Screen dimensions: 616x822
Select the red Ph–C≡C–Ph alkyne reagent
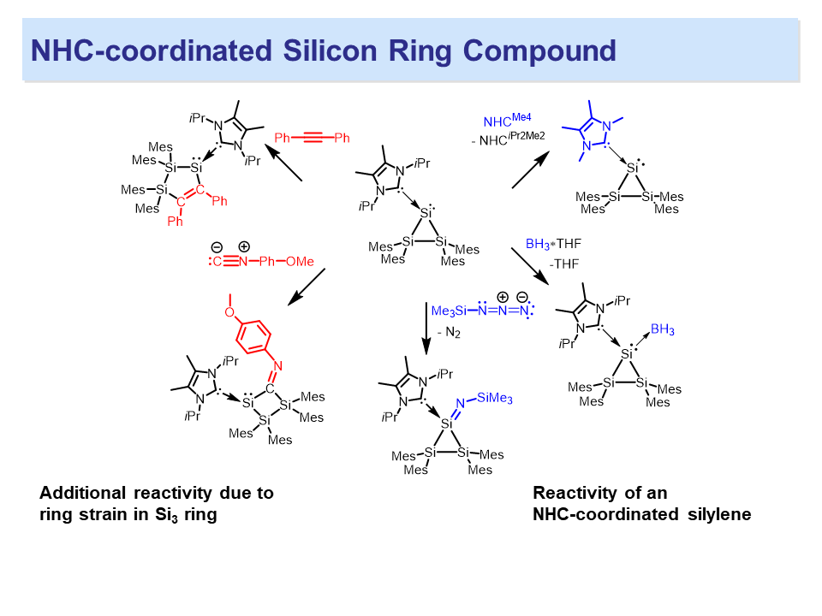point(312,138)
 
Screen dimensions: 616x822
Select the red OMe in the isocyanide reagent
point(299,261)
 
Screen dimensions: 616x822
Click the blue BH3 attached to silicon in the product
point(662,329)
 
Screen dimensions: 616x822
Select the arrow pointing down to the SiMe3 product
point(426,329)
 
